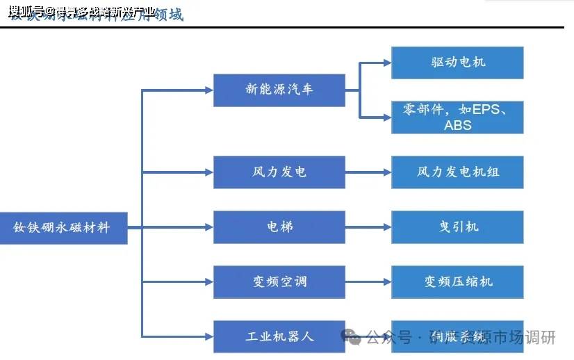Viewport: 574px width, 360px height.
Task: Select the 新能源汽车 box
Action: point(279,90)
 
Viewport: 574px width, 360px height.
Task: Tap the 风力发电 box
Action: point(279,172)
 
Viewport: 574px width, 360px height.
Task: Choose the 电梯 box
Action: point(279,227)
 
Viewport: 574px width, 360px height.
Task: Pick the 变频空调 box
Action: point(279,281)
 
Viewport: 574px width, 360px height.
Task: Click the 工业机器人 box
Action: point(279,336)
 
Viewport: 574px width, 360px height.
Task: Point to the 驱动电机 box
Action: point(457,63)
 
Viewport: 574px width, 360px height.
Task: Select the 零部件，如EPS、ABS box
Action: point(457,117)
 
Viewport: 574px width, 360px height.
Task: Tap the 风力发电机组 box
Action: point(457,172)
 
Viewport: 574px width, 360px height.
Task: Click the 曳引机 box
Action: point(457,227)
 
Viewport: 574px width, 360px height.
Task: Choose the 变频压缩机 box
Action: point(457,281)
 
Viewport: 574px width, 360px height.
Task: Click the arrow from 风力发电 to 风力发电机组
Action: point(368,172)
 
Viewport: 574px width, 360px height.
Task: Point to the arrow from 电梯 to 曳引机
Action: point(368,227)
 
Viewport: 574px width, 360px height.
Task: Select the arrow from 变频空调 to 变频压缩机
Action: point(368,281)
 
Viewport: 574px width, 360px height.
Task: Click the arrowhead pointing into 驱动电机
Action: point(386,63)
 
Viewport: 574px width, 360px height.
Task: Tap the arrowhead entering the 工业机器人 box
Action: point(208,336)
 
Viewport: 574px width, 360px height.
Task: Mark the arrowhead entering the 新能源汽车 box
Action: point(208,90)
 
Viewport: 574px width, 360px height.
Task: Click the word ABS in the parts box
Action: point(457,126)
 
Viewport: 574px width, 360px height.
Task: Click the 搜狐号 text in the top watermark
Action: point(26,10)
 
